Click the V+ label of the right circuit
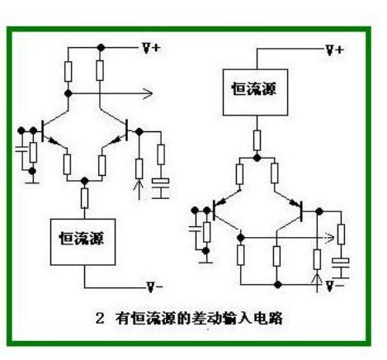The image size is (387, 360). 334,50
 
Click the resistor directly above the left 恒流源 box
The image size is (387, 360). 83,198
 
